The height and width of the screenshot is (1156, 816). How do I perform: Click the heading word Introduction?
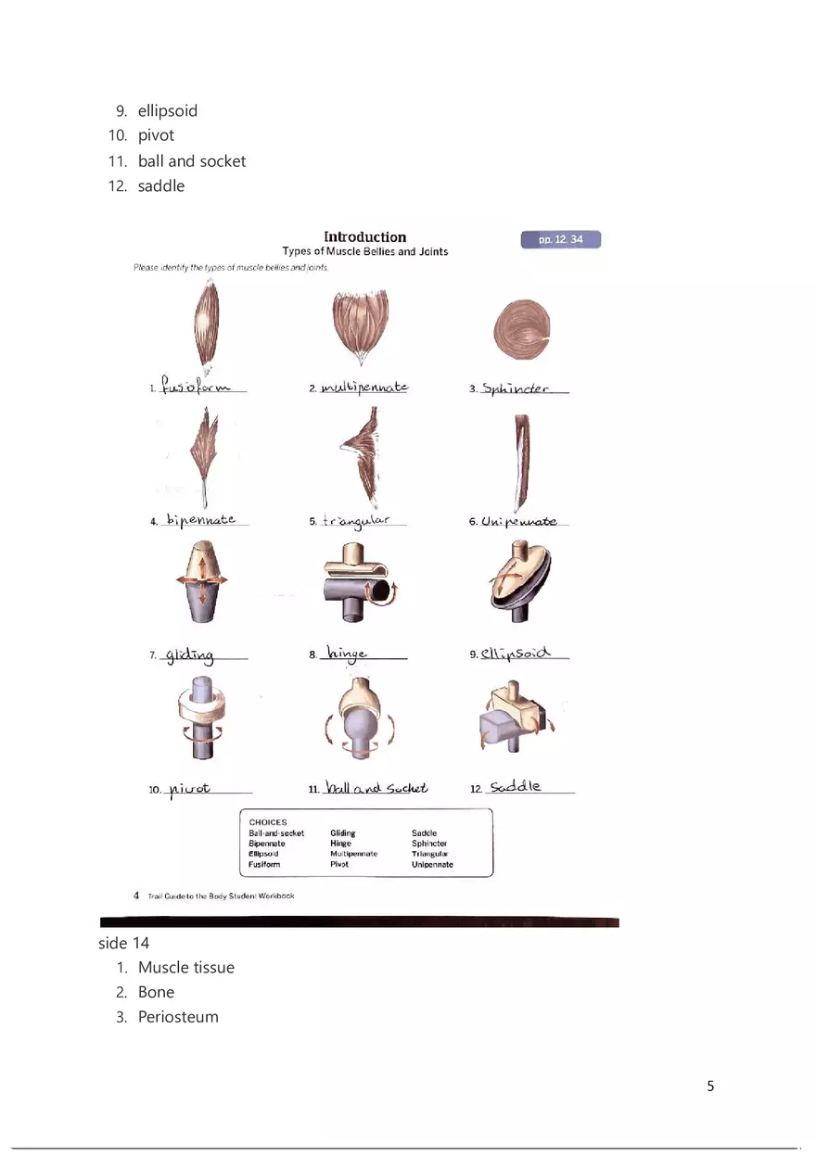[364, 237]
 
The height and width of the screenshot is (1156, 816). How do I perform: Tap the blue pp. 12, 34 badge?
[561, 240]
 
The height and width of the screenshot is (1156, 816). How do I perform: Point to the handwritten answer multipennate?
[363, 387]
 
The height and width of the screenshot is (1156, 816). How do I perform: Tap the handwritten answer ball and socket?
[376, 788]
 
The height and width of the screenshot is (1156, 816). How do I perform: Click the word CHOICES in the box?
[268, 822]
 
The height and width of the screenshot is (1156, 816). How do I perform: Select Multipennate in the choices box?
[353, 854]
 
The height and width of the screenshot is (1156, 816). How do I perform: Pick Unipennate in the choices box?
[432, 864]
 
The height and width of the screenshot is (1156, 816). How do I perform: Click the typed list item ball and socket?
[192, 161]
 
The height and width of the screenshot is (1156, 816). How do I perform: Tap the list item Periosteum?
[178, 1017]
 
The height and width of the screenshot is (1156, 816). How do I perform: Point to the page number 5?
[710, 1086]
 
